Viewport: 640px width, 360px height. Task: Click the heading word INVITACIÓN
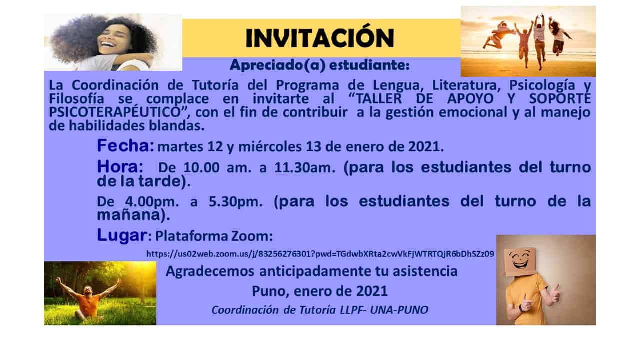tap(320, 37)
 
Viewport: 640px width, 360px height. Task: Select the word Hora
tap(118, 167)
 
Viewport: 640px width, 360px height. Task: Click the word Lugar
tap(122, 235)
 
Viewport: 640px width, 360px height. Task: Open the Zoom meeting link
tap(320, 254)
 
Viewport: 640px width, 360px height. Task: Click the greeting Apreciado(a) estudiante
tap(319, 65)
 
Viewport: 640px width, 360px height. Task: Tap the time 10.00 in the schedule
tap(201, 167)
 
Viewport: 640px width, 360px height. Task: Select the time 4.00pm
tap(152, 201)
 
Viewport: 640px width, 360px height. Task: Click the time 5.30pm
tap(235, 201)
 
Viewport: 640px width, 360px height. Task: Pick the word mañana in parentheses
tap(129, 215)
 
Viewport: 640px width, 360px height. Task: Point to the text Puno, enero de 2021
tap(320, 291)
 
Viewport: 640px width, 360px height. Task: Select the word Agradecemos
tap(210, 271)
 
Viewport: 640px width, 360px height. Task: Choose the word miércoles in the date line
tap(270, 147)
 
